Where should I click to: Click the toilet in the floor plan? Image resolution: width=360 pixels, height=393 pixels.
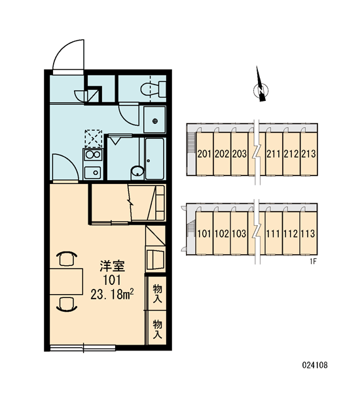[x=153, y=89]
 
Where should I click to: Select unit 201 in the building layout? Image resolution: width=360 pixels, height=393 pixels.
[x=204, y=153]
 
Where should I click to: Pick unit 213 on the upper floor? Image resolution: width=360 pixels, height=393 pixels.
[x=309, y=153]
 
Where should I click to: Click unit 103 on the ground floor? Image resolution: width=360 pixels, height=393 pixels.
[x=240, y=233]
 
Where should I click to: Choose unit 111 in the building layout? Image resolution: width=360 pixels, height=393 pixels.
[x=274, y=233]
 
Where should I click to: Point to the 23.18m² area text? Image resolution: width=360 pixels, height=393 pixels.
[x=112, y=295]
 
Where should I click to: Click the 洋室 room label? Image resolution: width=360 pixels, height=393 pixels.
[x=112, y=266]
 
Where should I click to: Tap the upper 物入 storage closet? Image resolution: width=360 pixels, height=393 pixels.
[x=157, y=293]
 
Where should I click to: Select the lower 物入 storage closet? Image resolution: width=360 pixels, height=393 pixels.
[x=157, y=328]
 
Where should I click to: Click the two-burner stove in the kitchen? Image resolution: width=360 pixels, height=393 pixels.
[x=93, y=155]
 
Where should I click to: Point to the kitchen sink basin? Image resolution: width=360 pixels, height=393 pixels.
[x=93, y=172]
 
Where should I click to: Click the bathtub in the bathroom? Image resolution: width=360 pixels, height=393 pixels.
[x=154, y=159]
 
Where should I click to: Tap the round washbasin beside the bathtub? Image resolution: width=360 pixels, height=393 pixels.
[x=137, y=172]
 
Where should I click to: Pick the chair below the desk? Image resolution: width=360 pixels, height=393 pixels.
[x=67, y=305]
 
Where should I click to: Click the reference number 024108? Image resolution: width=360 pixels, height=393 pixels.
[x=315, y=365]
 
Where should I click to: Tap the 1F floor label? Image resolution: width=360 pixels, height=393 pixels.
[x=314, y=261]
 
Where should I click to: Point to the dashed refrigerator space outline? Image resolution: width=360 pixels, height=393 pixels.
[x=94, y=139]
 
